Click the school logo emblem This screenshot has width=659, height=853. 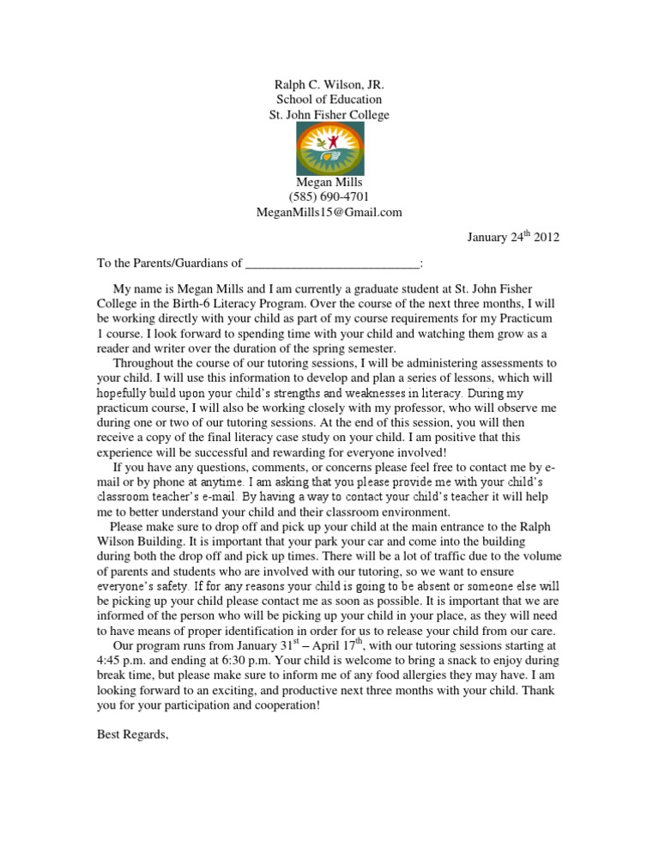point(329,148)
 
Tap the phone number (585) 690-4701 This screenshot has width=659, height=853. point(329,197)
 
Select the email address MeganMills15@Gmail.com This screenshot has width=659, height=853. point(329,213)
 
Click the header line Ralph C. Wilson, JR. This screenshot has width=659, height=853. point(329,85)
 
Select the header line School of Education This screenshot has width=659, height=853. point(329,100)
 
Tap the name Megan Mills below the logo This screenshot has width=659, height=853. point(329,182)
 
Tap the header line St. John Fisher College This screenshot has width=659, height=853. point(329,114)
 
